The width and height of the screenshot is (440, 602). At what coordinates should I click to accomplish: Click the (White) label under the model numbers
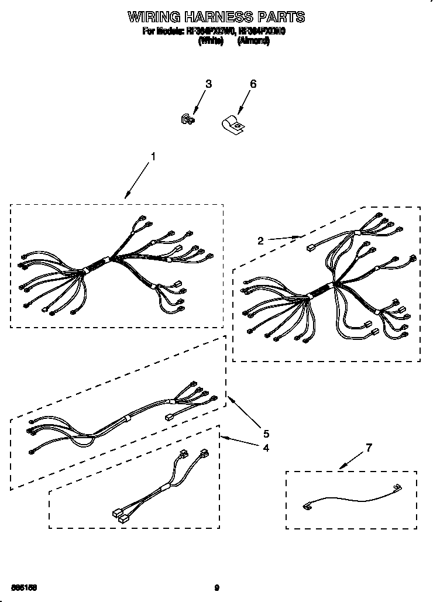point(211,42)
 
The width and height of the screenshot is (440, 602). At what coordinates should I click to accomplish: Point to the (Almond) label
point(253,42)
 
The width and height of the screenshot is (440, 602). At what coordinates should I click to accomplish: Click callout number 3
point(208,84)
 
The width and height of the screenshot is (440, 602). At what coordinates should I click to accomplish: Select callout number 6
point(253,84)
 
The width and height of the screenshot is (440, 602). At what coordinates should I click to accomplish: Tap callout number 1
point(153,156)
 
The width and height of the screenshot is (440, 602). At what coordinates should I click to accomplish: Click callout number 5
point(266,434)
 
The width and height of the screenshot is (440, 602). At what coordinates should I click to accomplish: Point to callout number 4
point(266,448)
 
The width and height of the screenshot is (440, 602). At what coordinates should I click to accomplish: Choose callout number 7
point(368,448)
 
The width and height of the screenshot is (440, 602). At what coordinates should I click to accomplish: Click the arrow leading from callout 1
point(138,181)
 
